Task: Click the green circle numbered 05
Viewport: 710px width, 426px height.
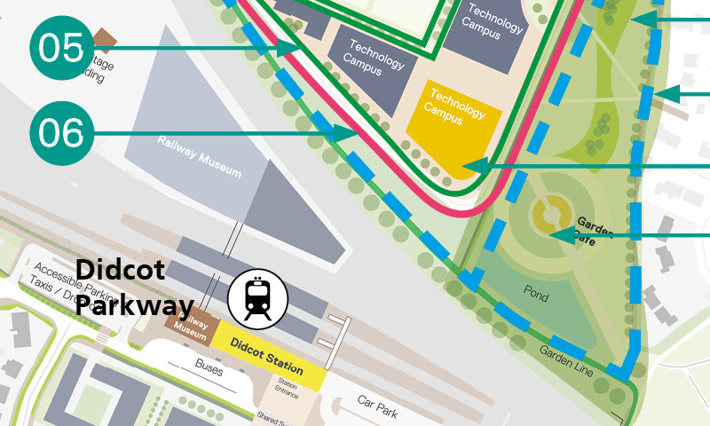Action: (x=61, y=47)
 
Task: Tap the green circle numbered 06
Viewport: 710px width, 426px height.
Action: (x=61, y=133)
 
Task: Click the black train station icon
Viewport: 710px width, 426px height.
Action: (x=257, y=298)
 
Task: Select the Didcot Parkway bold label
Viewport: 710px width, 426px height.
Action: (x=133, y=288)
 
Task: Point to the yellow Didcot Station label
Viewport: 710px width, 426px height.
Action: (x=266, y=356)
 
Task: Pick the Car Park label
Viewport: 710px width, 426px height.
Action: (x=376, y=406)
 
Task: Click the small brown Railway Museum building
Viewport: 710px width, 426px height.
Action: (x=187, y=326)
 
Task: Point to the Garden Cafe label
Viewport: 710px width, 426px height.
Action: (x=594, y=230)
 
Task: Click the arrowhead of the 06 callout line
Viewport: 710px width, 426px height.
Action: (x=345, y=133)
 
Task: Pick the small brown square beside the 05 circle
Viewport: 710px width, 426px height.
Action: (x=106, y=38)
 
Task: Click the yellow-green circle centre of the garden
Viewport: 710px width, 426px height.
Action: (x=550, y=213)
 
